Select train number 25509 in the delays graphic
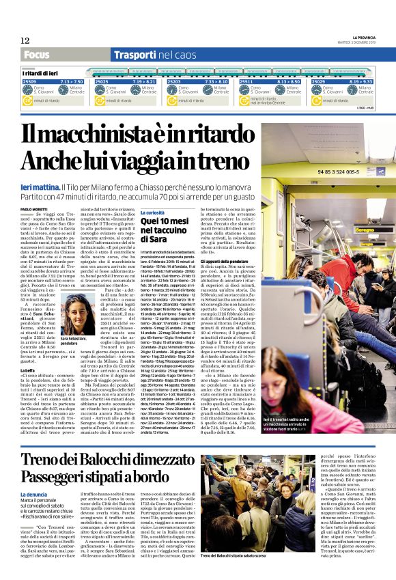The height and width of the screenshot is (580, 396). (29, 81)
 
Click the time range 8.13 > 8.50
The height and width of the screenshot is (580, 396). (289, 81)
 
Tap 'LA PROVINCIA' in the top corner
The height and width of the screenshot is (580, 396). (369, 37)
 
